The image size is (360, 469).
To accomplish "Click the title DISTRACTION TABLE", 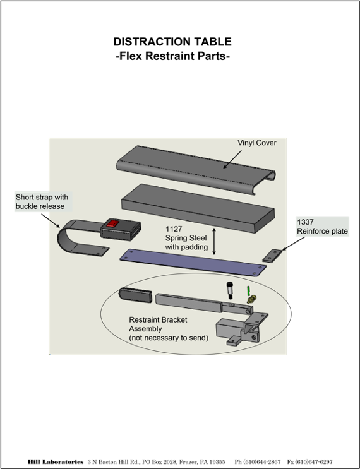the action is click(172, 42).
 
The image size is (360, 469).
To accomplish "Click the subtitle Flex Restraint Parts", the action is click(172, 56).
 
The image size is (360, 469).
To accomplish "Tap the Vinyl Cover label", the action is click(257, 143).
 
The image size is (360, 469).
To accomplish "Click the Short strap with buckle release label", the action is click(42, 201).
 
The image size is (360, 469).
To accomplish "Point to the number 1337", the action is click(305, 222).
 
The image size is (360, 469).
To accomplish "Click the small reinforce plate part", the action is click(272, 256).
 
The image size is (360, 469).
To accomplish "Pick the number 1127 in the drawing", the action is click(174, 229).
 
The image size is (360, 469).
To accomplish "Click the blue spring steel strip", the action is click(193, 263).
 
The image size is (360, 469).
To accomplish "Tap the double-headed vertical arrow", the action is click(214, 242).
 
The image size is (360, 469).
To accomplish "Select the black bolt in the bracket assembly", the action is click(230, 290).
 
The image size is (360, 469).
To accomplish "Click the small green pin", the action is click(248, 290).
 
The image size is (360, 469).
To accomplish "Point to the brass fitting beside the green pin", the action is click(251, 299).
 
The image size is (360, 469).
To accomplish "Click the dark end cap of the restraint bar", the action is click(136, 295).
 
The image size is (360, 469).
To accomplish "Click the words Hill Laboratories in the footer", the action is click(56, 462).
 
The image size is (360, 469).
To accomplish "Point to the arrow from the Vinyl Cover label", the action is click(232, 159).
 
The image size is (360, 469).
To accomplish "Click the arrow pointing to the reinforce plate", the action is click(294, 244).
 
